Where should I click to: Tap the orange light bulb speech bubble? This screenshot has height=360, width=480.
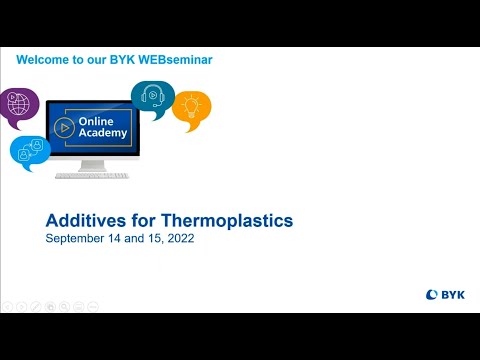click(192, 109)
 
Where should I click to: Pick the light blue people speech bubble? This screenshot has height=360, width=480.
click(29, 151)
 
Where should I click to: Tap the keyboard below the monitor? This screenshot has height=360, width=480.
click(92, 176)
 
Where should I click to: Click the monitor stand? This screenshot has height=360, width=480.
click(92, 165)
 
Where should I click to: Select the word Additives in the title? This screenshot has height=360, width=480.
click(84, 221)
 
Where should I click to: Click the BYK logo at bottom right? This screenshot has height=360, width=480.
click(445, 295)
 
